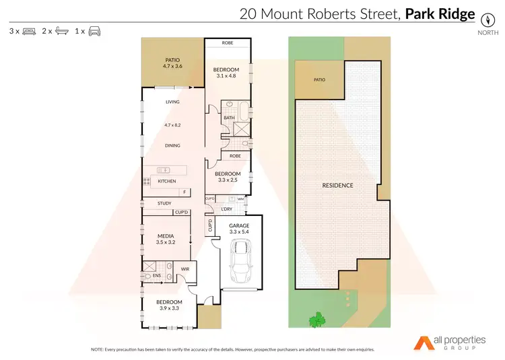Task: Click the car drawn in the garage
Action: [x=239, y=262]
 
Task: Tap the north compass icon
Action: [x=483, y=18]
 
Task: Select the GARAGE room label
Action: [x=239, y=225]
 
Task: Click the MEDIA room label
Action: [x=165, y=236]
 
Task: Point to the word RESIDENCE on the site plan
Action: [x=337, y=185]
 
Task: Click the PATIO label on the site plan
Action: [x=319, y=80]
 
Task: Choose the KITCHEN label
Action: [x=166, y=181]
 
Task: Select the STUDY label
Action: [x=164, y=203]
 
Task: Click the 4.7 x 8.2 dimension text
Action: [x=172, y=125]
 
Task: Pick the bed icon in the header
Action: [x=29, y=32]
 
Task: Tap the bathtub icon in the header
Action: [x=61, y=32]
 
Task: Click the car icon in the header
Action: [x=94, y=32]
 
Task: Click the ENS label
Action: [x=156, y=275]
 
